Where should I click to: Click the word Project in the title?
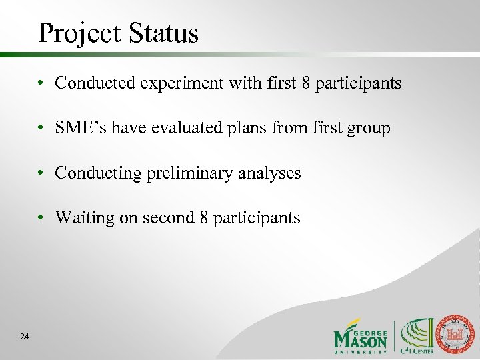tap(75, 33)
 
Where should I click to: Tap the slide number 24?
tap(25, 337)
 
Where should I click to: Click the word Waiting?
tap(81, 218)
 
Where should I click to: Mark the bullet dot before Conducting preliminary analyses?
tap(41, 173)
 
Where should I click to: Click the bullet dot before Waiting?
tap(41, 218)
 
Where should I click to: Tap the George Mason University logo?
tap(361, 337)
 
